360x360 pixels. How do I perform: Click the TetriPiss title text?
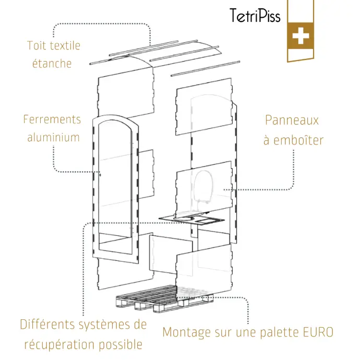255,15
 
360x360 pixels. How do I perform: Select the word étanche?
52,64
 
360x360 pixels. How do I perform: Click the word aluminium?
53,137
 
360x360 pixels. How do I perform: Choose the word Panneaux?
292,121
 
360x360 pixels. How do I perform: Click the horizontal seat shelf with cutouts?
193,217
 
